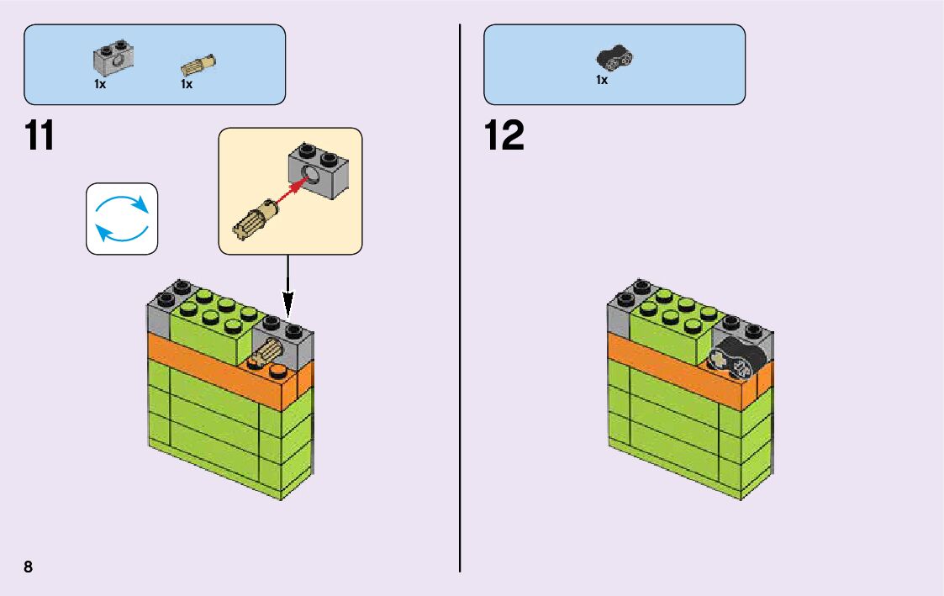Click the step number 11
click(40, 136)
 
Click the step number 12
click(504, 136)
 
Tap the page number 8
click(29, 567)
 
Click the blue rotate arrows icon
click(122, 219)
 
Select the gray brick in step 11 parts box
click(113, 57)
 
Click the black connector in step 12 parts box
click(614, 57)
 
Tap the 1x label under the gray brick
click(100, 84)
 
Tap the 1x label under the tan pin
click(187, 84)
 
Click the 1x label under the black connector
click(602, 80)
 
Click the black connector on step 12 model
click(735, 361)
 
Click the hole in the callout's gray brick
click(313, 175)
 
